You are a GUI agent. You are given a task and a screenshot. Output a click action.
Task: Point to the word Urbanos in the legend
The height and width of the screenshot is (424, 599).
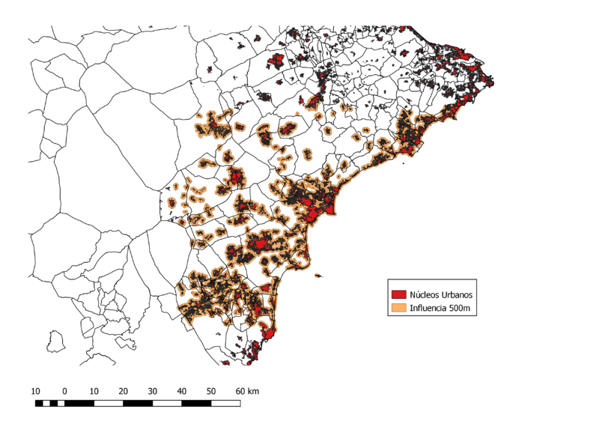click(459, 294)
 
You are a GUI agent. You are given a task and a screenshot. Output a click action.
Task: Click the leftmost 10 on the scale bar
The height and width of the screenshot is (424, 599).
click(35, 391)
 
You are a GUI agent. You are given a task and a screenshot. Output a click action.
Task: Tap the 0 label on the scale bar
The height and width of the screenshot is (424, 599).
click(65, 391)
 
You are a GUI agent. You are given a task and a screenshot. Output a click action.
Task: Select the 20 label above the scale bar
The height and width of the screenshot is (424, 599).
click(123, 391)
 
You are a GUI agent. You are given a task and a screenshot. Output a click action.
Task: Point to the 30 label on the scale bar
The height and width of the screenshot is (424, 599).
click(152, 391)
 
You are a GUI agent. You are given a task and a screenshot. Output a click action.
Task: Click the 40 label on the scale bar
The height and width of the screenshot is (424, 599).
click(182, 391)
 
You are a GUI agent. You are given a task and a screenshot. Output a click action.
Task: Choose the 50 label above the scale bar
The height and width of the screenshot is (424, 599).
click(211, 391)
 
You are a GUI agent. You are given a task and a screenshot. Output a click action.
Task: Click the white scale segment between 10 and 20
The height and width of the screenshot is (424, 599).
click(109, 404)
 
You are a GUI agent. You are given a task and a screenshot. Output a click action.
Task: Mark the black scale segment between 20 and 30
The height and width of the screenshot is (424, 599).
click(138, 404)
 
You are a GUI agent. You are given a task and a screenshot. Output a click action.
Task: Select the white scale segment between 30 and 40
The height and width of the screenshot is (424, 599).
click(167, 404)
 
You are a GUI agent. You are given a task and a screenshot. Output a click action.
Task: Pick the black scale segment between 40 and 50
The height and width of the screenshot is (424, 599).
click(196, 404)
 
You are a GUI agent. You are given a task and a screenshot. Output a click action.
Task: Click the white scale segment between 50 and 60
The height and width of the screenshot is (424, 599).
click(225, 404)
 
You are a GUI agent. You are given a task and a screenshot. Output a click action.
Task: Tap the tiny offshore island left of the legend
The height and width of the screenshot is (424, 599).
click(320, 276)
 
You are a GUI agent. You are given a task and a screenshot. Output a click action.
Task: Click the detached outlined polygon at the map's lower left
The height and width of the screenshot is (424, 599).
click(53, 342)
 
